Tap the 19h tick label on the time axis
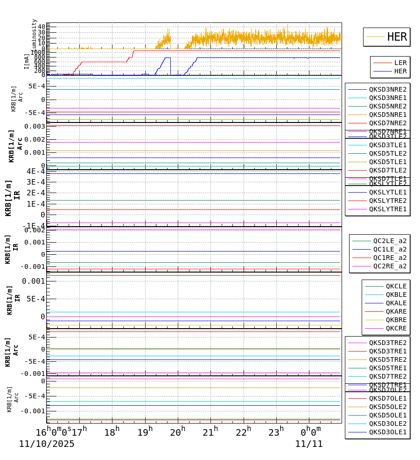(145, 432)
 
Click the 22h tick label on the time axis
(243, 432)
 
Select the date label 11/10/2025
(47, 444)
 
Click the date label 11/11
(308, 444)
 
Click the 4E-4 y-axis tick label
(35, 171)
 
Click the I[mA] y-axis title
(27, 61)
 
